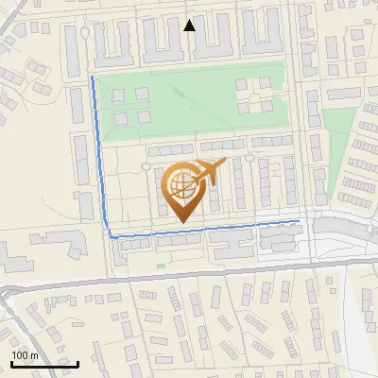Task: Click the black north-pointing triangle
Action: click(190, 26)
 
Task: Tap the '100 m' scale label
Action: click(25, 354)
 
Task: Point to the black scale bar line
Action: click(43, 364)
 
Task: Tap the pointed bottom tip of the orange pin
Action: click(182, 224)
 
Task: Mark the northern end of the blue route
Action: click(92, 77)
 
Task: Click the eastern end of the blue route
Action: click(299, 220)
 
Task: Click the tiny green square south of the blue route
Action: click(160, 266)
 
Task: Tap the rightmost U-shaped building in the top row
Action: click(259, 39)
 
